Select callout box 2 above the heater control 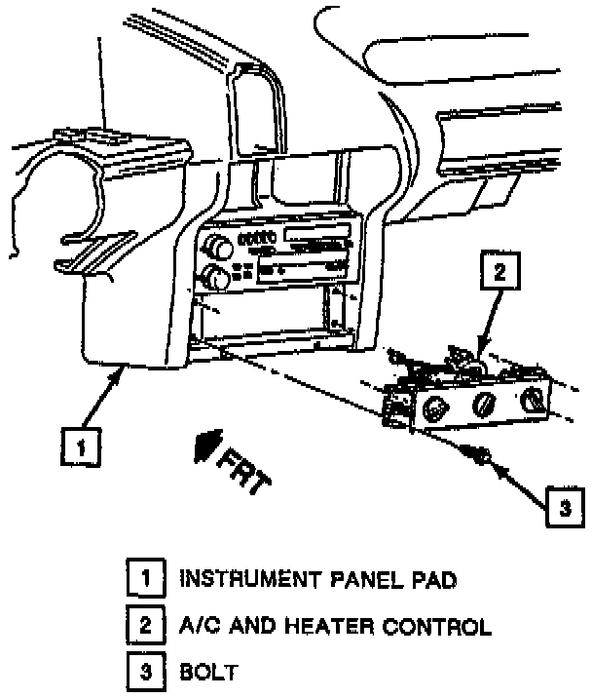point(499,273)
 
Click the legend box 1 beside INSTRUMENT point(145,578)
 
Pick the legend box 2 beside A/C point(145,625)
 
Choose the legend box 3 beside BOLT point(145,672)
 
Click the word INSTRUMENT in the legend point(240,579)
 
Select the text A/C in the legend point(198,626)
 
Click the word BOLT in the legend point(206,673)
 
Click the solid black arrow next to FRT point(204,447)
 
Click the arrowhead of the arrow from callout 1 point(122,371)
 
